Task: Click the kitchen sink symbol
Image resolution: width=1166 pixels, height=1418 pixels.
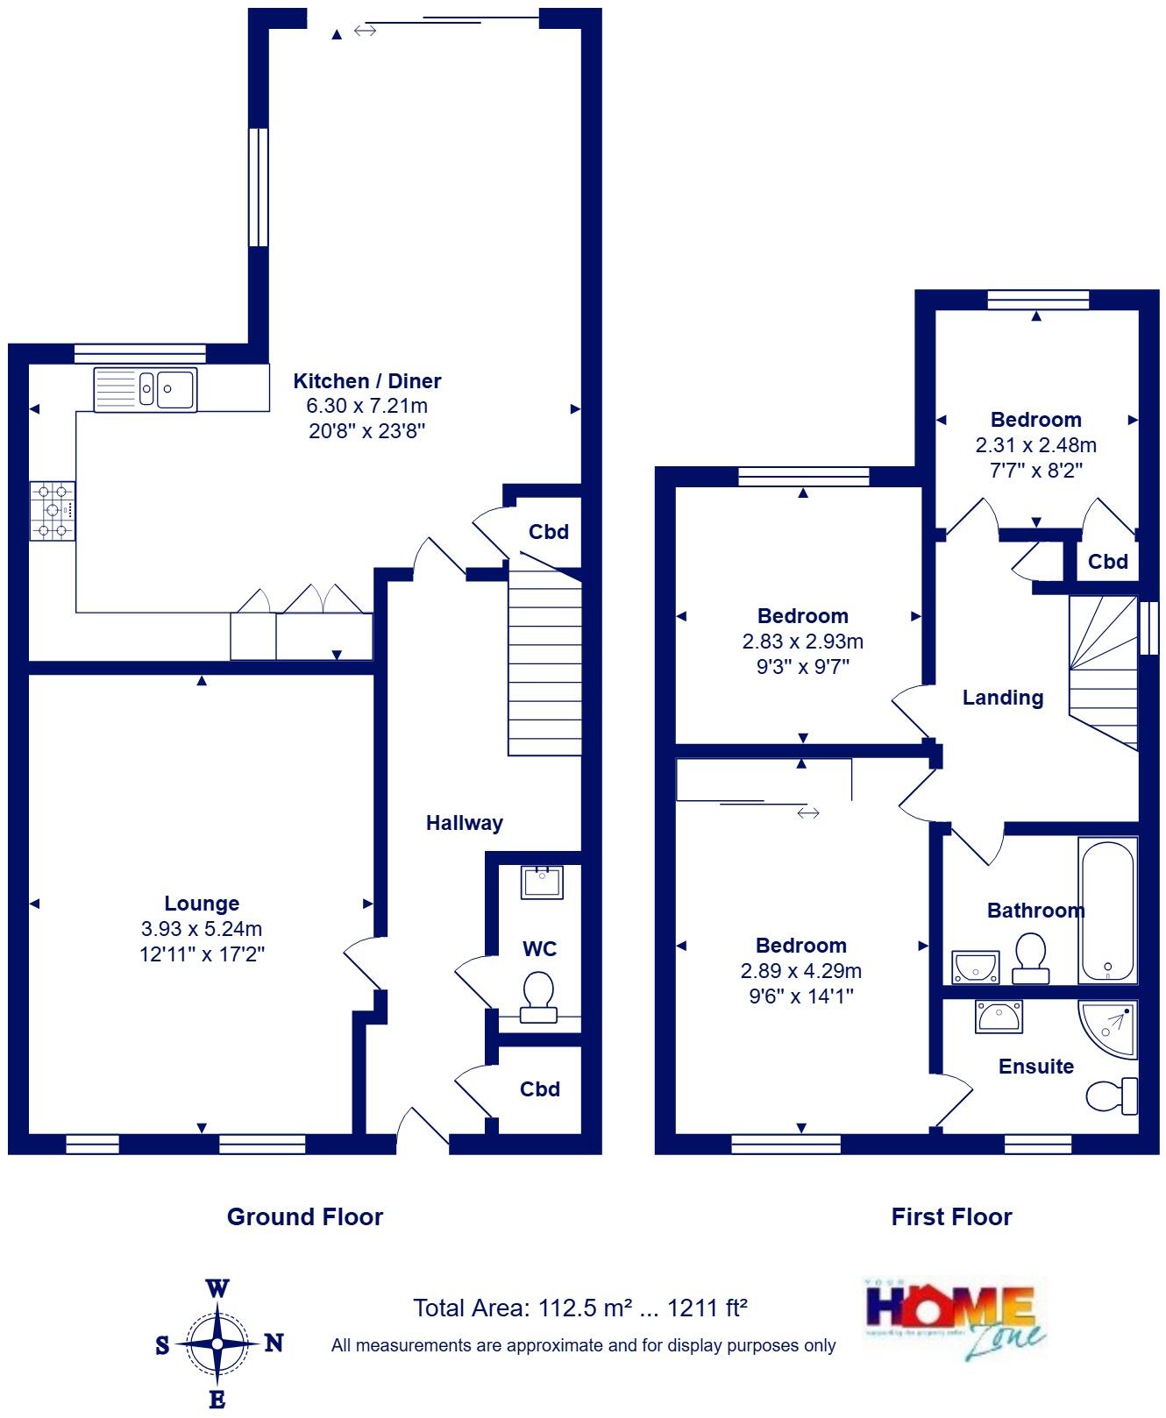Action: tap(146, 388)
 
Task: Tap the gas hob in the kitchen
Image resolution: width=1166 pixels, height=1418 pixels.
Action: tap(53, 510)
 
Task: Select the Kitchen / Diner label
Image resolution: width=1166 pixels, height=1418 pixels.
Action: tap(366, 381)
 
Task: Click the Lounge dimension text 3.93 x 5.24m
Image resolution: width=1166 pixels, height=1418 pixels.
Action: tap(202, 929)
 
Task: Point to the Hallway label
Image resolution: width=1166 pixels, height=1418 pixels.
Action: tap(465, 823)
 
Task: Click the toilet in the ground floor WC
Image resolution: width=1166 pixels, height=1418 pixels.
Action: tap(538, 997)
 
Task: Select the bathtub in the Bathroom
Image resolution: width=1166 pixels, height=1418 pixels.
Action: tap(1108, 910)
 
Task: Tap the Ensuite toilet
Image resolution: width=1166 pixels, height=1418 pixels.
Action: tap(1112, 1095)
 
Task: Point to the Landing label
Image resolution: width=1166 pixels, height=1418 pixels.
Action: tap(1003, 698)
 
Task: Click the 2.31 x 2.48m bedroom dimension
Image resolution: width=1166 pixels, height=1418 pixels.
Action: tap(1036, 445)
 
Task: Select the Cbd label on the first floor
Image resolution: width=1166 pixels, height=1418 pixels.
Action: tap(1108, 562)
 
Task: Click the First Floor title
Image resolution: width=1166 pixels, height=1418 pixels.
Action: tap(951, 1216)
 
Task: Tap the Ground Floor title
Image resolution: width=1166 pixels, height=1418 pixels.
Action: tap(305, 1216)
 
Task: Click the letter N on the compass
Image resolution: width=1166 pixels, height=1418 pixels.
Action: tap(274, 1343)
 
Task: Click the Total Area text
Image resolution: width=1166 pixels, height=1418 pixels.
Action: tap(579, 1308)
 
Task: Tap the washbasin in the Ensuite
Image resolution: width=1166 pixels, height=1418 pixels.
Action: tap(998, 1017)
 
